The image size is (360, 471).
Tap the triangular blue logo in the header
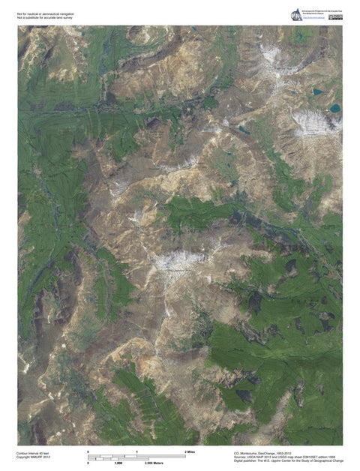coord(297,13)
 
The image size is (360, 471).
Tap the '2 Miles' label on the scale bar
coord(190,452)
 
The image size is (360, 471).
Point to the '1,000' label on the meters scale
coord(118,463)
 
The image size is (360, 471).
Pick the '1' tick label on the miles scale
coord(137,452)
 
